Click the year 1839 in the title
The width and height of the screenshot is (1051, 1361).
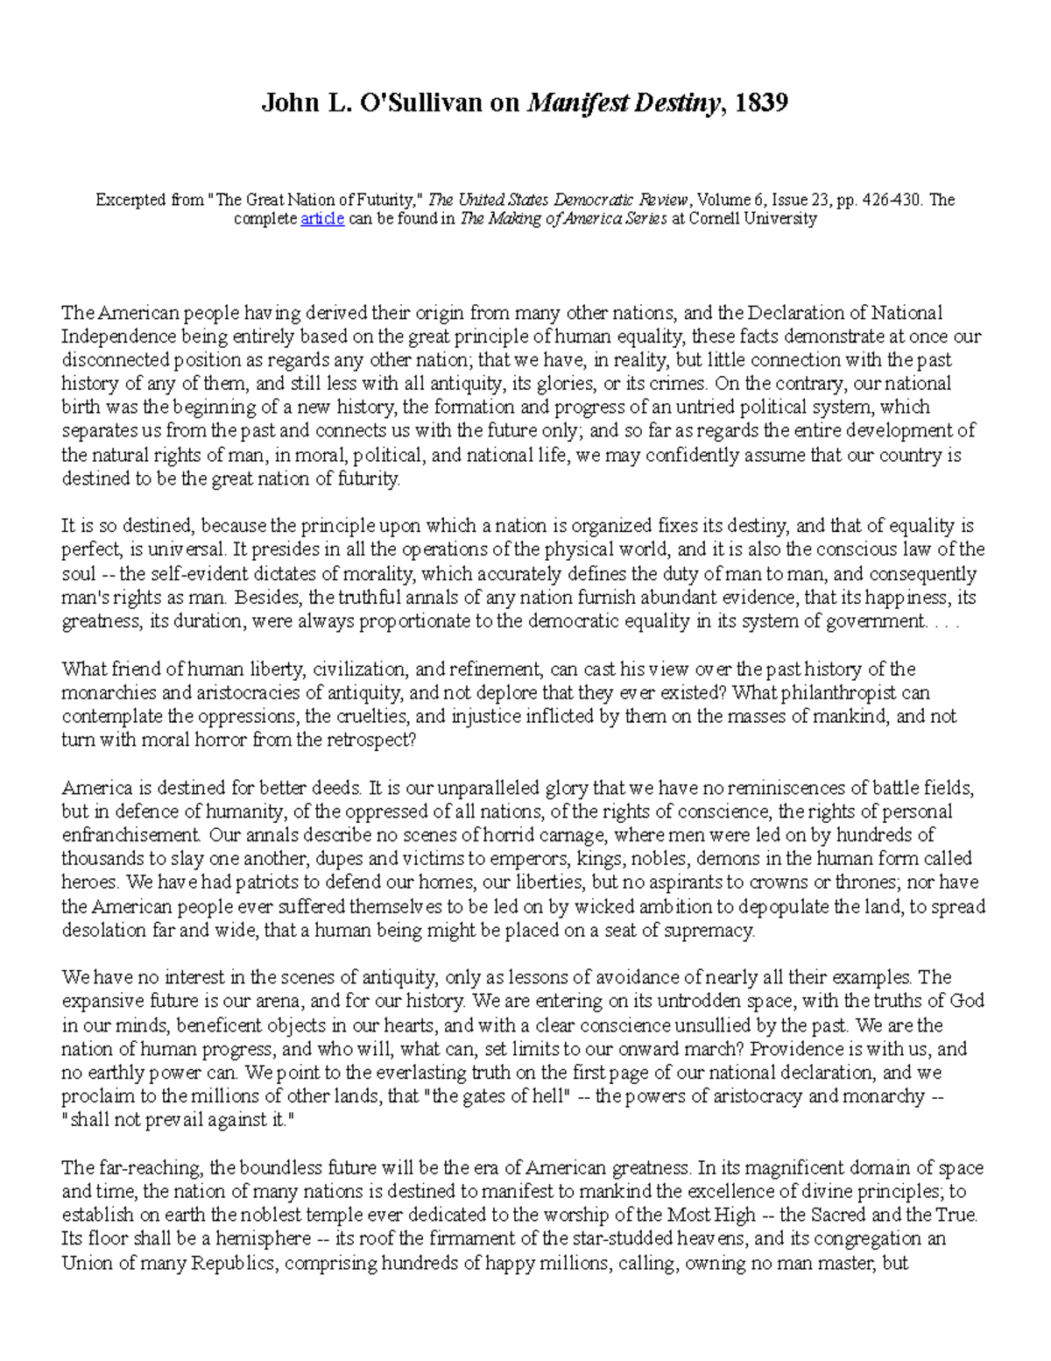click(761, 103)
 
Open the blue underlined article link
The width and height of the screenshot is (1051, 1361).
click(321, 219)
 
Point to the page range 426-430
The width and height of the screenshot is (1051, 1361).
click(892, 200)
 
